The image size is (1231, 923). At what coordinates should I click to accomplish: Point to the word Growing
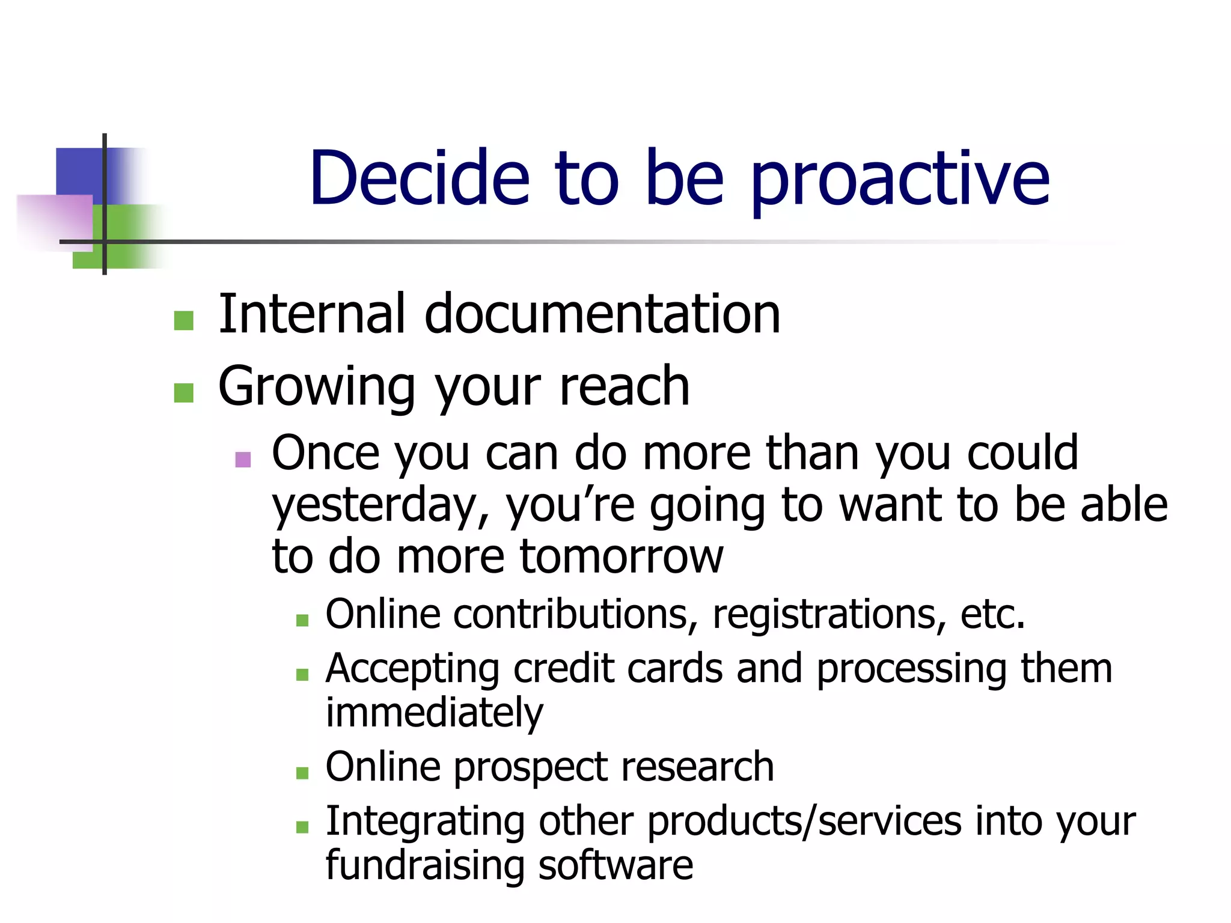pyautogui.click(x=317, y=388)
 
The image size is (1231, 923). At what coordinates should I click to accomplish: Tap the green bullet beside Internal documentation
pyautogui.click(x=183, y=320)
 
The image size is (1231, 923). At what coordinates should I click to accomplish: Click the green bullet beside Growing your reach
pyautogui.click(x=183, y=393)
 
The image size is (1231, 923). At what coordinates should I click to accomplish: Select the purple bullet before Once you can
pyautogui.click(x=243, y=460)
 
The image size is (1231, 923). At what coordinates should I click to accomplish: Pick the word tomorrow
pyautogui.click(x=622, y=556)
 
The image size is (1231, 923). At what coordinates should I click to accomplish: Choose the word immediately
pyautogui.click(x=434, y=713)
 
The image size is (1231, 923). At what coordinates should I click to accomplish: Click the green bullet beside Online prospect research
pyautogui.click(x=302, y=773)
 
